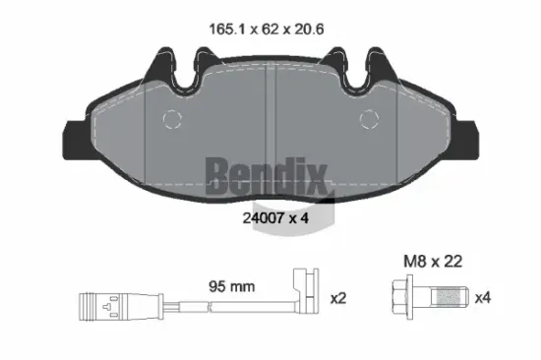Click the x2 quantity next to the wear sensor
336,295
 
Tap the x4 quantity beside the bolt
484,296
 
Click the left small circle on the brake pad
173,120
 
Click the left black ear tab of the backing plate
75,134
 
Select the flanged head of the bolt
404,296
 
